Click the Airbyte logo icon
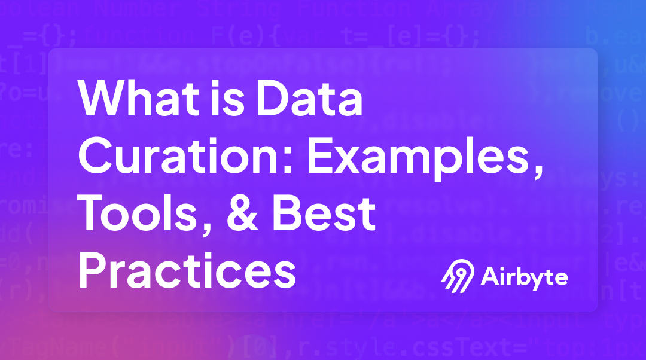click(x=456, y=277)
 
